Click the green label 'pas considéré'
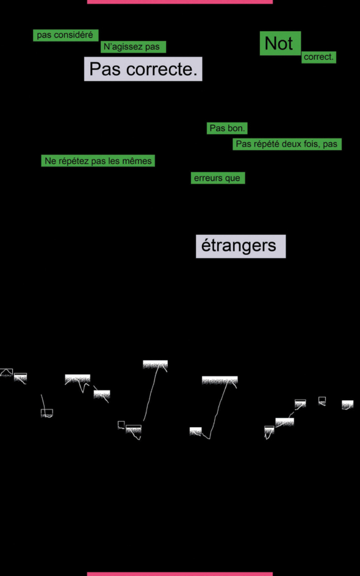pyautogui.click(x=66, y=35)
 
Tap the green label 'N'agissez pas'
pyautogui.click(x=134, y=47)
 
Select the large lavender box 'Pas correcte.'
pyautogui.click(x=143, y=69)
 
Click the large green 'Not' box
pyautogui.click(x=280, y=43)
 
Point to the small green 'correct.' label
pyautogui.click(x=319, y=57)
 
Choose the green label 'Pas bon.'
pyautogui.click(x=227, y=128)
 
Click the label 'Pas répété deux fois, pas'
pyautogui.click(x=287, y=144)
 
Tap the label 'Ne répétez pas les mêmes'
pyautogui.click(x=98, y=160)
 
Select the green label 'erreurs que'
pyautogui.click(x=218, y=178)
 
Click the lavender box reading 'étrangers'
pyautogui.click(x=240, y=246)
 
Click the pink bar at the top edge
pyautogui.click(x=180, y=2)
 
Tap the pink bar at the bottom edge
pyautogui.click(x=180, y=574)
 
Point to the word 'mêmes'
pyautogui.click(x=140, y=161)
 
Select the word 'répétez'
pyautogui.click(x=73, y=161)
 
